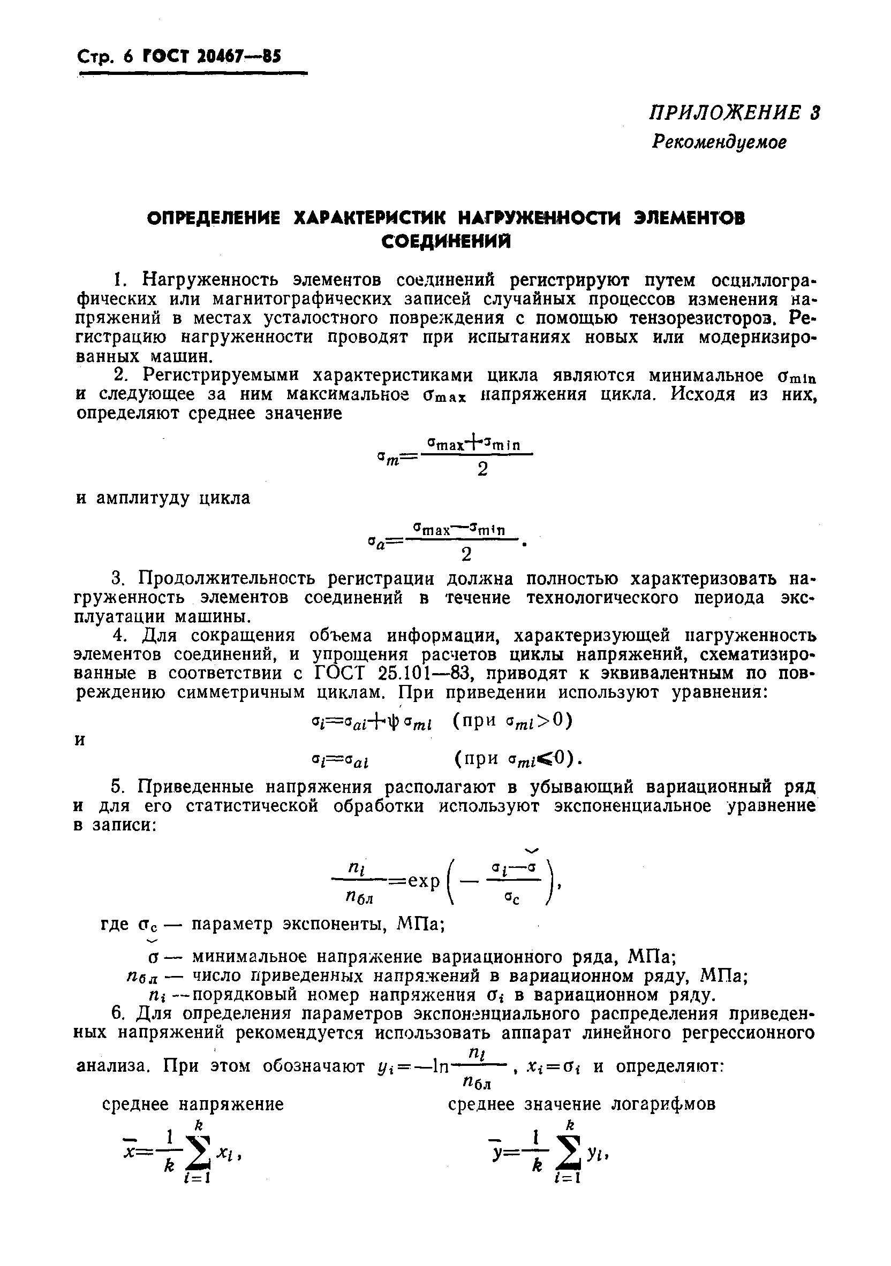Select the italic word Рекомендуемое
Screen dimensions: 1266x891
click(719, 142)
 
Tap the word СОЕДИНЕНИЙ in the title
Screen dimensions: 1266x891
click(447, 241)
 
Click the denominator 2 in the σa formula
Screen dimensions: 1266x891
click(466, 554)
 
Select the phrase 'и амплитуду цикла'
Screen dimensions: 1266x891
click(163, 498)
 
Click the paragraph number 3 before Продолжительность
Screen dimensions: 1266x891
click(117, 579)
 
